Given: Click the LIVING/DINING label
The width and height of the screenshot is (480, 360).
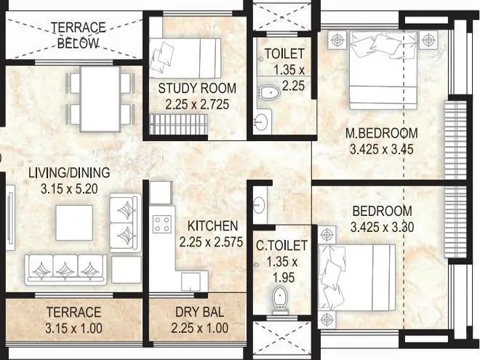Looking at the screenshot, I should (x=69, y=172).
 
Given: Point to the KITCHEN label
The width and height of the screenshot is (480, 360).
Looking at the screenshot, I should (x=212, y=225).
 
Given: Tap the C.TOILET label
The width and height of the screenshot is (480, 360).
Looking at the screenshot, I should (x=281, y=245).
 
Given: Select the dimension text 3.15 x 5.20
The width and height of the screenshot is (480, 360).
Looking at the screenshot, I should (x=69, y=188).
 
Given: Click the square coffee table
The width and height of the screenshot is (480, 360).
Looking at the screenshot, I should (x=74, y=223).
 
